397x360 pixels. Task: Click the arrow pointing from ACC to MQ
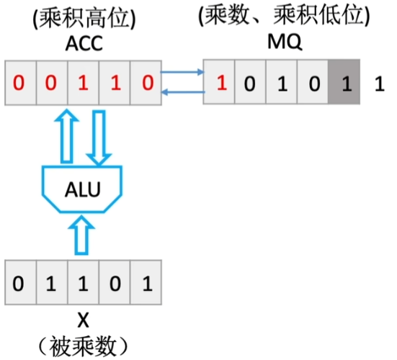[x=182, y=72]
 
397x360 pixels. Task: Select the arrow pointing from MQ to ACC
[x=182, y=91]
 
